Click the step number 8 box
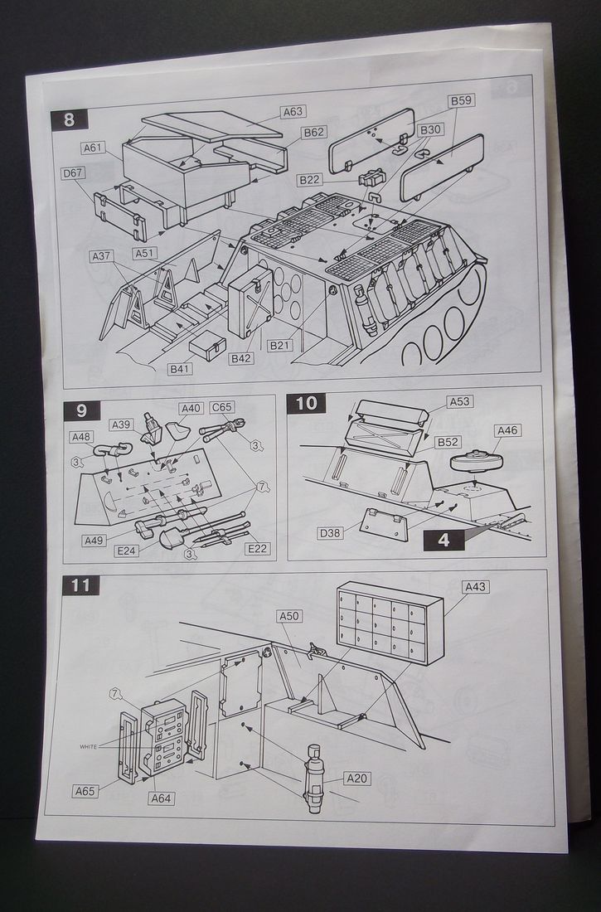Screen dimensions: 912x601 coord(69,119)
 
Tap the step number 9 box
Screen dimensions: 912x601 coord(81,410)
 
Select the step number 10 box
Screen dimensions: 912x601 coord(306,404)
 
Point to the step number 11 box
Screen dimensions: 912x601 coord(80,585)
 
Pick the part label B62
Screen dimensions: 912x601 coord(313,132)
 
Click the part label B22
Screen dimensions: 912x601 coord(310,180)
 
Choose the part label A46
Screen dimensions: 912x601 coord(506,430)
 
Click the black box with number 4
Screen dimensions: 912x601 coord(443,540)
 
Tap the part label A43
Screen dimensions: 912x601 coord(477,587)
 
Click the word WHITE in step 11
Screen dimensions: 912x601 coord(88,746)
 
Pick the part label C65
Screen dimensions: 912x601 coord(221,408)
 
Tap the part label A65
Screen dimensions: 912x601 coord(85,790)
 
